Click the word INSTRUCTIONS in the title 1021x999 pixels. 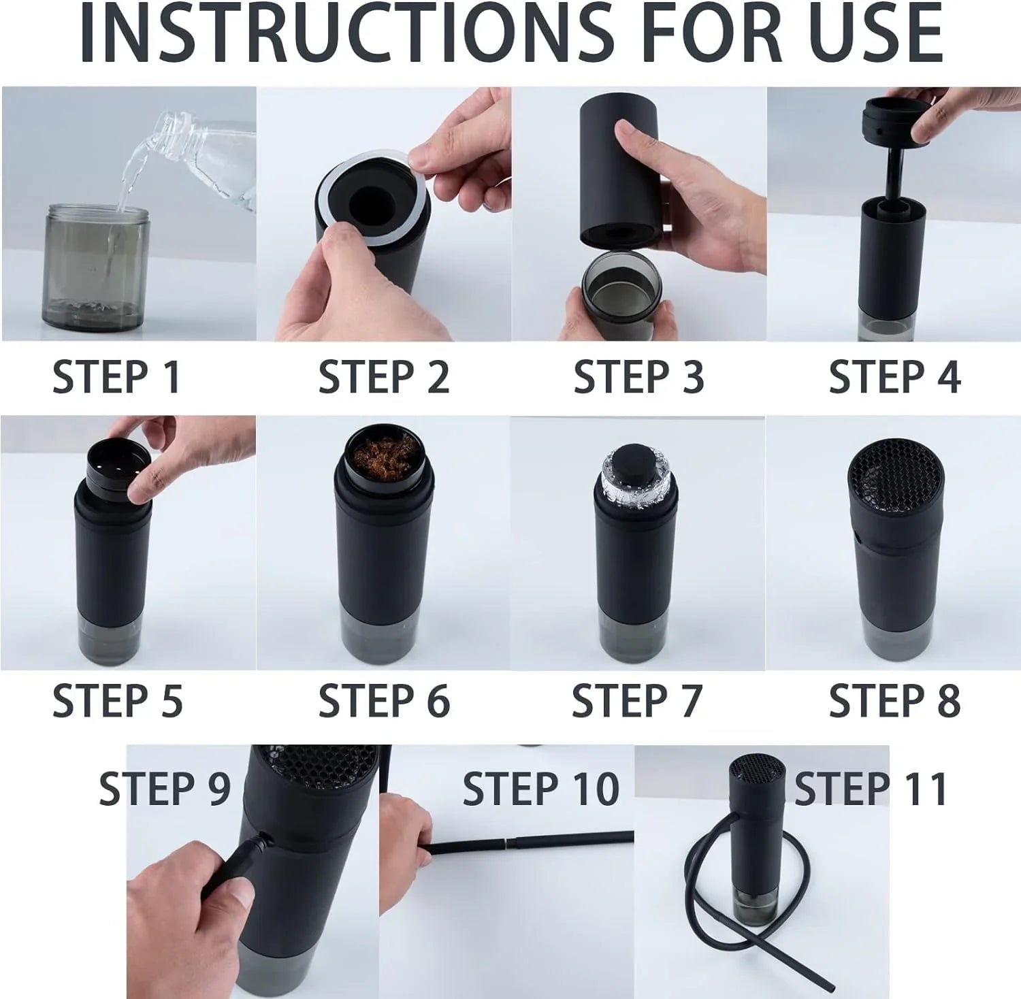(x=347, y=34)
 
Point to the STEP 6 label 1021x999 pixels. (x=384, y=700)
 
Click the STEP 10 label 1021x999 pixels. (x=540, y=789)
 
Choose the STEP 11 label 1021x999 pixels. (x=871, y=789)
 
